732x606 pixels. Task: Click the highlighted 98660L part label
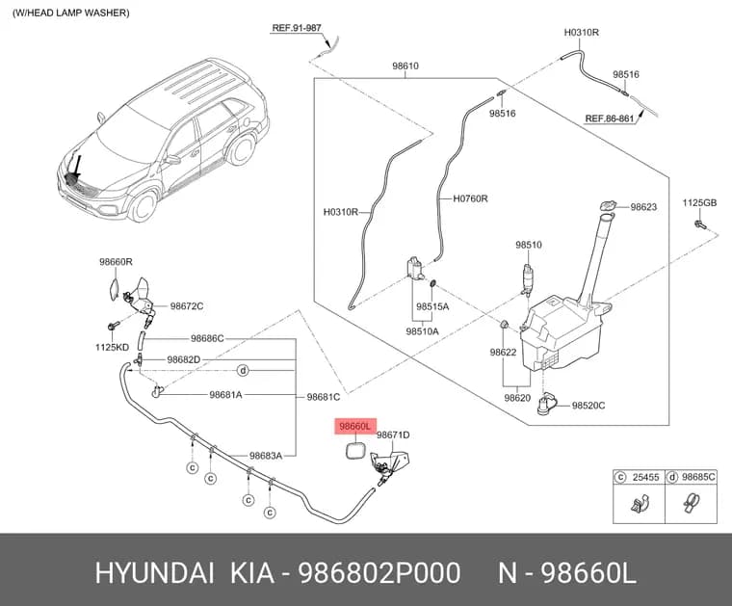[355, 426]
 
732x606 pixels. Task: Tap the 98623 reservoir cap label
[643, 207]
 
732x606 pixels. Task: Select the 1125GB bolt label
[699, 202]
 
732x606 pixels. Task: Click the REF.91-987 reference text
[297, 28]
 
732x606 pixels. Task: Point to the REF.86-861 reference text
[610, 119]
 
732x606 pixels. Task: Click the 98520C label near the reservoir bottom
[588, 406]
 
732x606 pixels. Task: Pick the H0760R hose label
[470, 198]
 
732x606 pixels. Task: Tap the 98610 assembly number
[405, 66]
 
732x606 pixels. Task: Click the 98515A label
[432, 306]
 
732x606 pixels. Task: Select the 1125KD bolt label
[112, 347]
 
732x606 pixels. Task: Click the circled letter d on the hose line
[243, 371]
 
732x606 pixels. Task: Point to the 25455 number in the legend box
[645, 477]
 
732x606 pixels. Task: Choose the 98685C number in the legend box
[698, 477]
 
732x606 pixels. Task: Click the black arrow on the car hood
[75, 167]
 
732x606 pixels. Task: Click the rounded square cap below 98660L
[355, 452]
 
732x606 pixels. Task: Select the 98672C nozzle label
[186, 306]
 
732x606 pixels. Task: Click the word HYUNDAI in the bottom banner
[154, 573]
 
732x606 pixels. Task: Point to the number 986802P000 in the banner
[379, 573]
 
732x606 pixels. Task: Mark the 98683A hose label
[265, 456]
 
